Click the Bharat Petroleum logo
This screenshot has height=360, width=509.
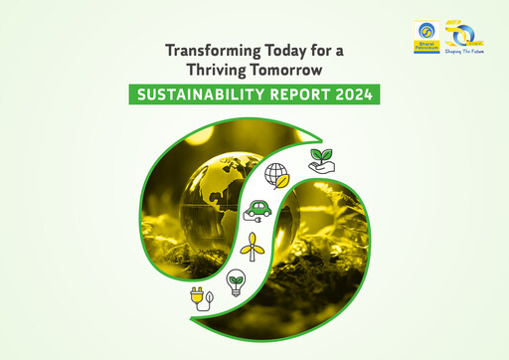[426, 32]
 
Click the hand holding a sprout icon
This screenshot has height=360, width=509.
[321, 161]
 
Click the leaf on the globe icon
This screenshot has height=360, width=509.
[283, 183]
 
